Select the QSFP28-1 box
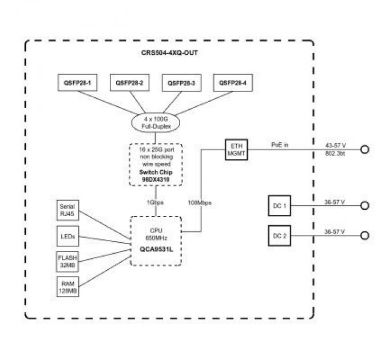pyautogui.click(x=78, y=83)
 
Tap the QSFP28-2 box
pyautogui.click(x=129, y=83)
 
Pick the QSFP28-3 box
pyautogui.click(x=181, y=83)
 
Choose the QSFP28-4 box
pyautogui.click(x=232, y=83)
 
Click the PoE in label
pyautogui.click(x=280, y=145)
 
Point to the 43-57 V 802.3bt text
pyautogui.click(x=335, y=150)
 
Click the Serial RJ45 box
pyautogui.click(x=68, y=210)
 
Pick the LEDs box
pyautogui.click(x=68, y=235)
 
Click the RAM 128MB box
pyautogui.click(x=68, y=286)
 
